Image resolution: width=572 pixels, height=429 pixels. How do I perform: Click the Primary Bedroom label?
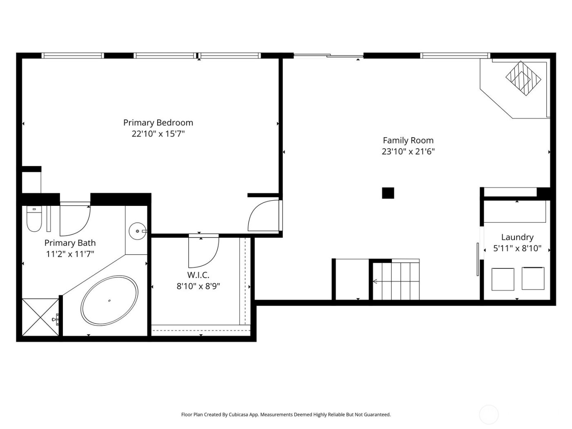click(158, 123)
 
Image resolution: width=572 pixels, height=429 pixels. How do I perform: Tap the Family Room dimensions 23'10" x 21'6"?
click(408, 152)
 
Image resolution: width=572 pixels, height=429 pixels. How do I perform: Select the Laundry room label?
click(517, 237)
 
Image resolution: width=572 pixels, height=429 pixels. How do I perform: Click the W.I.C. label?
click(198, 275)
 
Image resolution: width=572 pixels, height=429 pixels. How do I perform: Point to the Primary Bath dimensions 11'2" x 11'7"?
click(70, 254)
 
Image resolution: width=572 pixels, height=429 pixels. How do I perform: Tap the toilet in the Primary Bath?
click(34, 220)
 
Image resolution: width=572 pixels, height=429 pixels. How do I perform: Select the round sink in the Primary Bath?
click(136, 232)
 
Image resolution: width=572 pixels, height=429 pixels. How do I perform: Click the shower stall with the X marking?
click(40, 317)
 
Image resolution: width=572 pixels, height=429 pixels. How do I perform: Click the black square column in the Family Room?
click(388, 193)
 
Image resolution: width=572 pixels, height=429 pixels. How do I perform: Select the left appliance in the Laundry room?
click(503, 279)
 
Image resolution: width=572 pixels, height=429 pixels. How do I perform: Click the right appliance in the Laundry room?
click(533, 279)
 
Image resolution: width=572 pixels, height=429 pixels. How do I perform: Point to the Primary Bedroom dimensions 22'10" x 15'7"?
click(158, 134)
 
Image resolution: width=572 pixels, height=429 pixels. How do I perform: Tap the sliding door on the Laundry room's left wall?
click(478, 259)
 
